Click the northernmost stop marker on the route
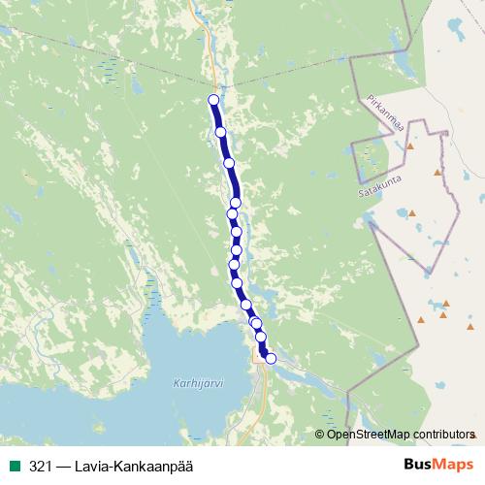pos(214,100)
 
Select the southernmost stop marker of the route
pos(271,359)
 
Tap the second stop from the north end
pos(220,132)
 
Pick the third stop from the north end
pos(230,163)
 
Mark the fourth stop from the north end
pos(235,203)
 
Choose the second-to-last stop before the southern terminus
pos(260,337)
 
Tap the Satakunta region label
pos(379,180)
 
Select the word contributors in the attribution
pos(445,434)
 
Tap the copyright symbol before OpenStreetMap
pos(320,434)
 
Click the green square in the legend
pos(15,467)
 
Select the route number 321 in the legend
pos(40,467)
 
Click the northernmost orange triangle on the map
pos(410,146)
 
